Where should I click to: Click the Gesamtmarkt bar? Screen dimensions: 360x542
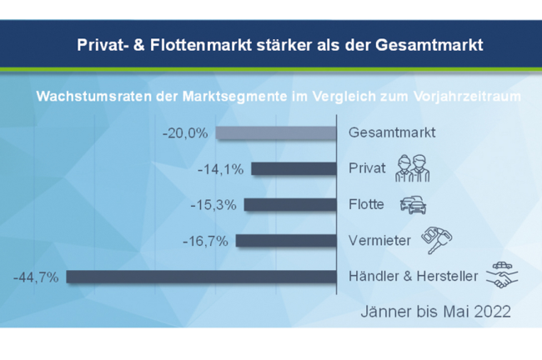275,132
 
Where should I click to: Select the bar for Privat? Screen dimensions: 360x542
292,168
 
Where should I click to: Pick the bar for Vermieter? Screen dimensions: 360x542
285,241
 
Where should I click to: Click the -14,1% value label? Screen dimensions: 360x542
221,169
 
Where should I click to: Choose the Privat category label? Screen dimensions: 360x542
367,168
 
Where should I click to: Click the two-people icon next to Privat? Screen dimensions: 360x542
412,168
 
